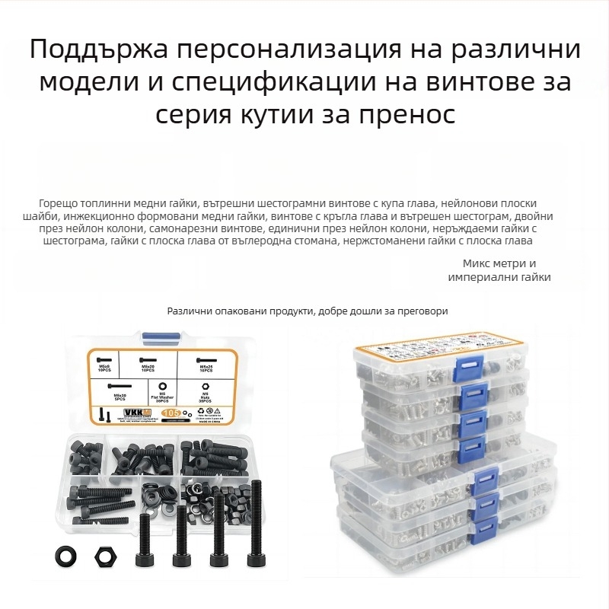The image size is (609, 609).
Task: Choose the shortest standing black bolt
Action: pos(145,541)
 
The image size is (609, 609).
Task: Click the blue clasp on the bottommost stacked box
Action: pos(484,525)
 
